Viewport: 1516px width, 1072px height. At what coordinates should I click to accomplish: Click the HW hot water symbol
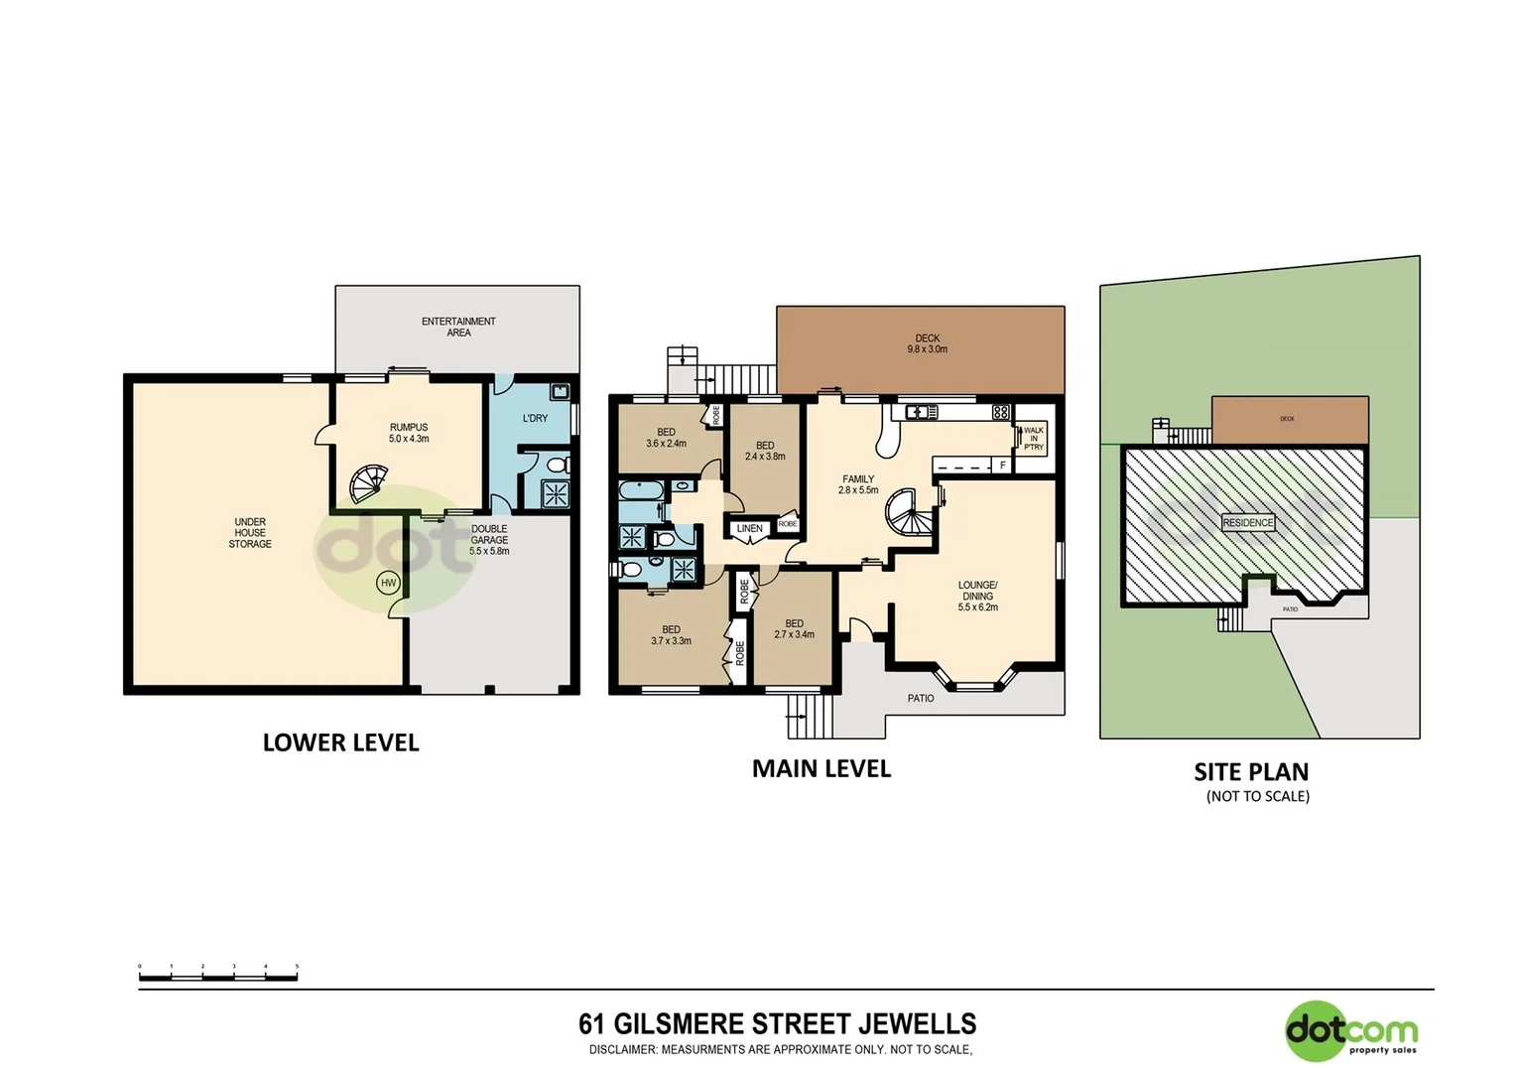(388, 583)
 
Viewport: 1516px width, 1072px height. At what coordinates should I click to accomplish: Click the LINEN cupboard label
(749, 529)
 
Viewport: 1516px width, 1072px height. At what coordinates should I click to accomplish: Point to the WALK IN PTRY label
(1033, 439)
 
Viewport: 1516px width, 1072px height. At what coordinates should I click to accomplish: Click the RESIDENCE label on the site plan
(1247, 523)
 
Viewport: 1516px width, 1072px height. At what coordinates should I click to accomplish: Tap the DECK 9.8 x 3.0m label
(927, 343)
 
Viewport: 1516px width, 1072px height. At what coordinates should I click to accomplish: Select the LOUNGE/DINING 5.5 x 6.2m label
(977, 596)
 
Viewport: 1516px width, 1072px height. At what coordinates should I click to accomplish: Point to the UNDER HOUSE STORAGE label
(250, 533)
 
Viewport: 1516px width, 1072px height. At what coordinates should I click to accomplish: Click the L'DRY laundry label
(535, 418)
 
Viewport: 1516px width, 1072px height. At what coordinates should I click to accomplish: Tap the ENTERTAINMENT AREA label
(458, 327)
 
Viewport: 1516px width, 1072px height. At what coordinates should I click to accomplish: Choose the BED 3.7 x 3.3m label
(671, 635)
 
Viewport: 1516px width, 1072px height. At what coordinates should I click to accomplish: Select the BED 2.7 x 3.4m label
(794, 629)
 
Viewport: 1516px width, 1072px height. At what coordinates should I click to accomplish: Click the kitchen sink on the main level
(920, 412)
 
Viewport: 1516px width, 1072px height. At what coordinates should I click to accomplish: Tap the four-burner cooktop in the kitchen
(1000, 412)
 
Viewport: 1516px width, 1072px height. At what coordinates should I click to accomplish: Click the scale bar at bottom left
(218, 977)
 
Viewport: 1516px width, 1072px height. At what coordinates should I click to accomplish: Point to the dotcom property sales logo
(1351, 1031)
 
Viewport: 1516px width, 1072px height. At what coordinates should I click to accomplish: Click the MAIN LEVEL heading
(821, 768)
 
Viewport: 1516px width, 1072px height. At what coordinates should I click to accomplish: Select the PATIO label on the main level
(921, 699)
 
